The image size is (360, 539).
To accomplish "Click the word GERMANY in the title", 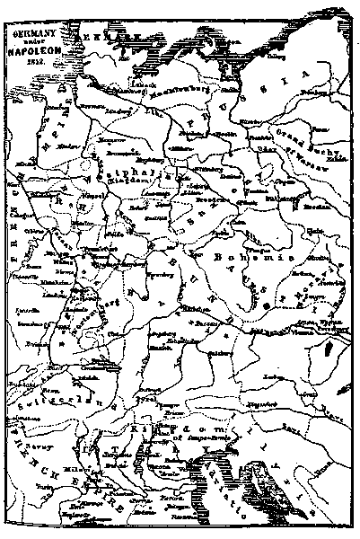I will pyautogui.click(x=31, y=31).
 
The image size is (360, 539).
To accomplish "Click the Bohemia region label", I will pyautogui.click(x=238, y=257).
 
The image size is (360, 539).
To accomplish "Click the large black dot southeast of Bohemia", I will pyautogui.click(x=267, y=306).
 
